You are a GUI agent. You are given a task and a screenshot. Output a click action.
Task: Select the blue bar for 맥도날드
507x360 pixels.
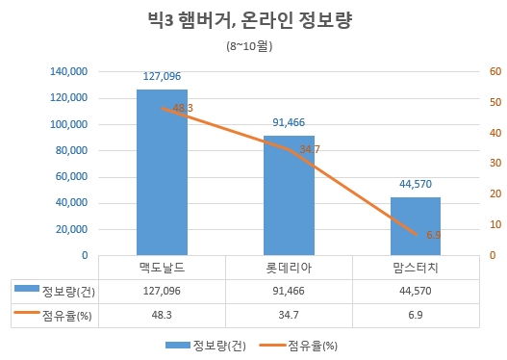point(162,173)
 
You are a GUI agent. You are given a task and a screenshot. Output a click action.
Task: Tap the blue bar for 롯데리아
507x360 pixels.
point(289,196)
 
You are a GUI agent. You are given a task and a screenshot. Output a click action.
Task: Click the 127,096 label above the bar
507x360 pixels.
point(162,76)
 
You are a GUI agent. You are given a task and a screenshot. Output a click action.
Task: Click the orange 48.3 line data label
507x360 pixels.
point(182,109)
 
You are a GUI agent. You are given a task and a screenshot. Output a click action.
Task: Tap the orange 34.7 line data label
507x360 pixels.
point(310,149)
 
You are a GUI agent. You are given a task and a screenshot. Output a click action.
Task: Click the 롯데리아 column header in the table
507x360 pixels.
point(289,267)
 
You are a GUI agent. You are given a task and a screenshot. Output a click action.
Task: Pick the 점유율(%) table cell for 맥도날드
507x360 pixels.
point(162,314)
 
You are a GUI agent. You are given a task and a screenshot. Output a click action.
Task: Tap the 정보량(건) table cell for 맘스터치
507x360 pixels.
point(416,290)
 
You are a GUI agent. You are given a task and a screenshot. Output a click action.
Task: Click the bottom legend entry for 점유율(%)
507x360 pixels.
point(313,345)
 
